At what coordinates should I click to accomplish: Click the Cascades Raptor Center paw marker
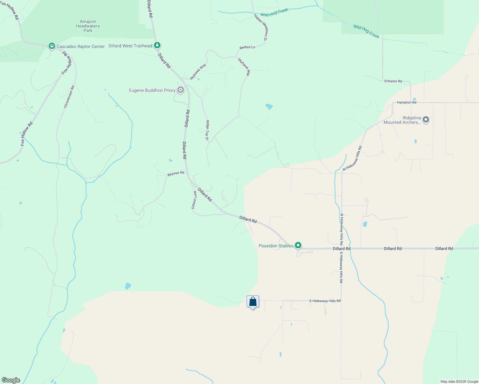tap(52, 46)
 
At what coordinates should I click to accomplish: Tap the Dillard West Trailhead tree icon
tap(157, 45)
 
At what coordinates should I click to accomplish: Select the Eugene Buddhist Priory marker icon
tap(181, 90)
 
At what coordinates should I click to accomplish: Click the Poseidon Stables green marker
tap(298, 245)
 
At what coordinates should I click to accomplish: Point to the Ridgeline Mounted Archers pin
tap(426, 120)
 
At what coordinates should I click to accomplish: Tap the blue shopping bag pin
tap(253, 302)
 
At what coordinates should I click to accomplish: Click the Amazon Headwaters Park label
tap(88, 26)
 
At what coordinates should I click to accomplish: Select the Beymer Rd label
tap(176, 173)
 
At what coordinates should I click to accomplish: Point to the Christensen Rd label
tap(69, 97)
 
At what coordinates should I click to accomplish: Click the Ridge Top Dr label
tap(207, 130)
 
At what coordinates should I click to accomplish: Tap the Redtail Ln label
tap(247, 47)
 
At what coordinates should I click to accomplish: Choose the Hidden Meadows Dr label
tap(260, 27)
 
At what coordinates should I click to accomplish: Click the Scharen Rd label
tap(393, 81)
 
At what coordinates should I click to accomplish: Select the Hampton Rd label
tap(406, 102)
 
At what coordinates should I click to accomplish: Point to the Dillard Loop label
tap(194, 200)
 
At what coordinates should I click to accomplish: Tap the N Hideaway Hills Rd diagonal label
tap(352, 158)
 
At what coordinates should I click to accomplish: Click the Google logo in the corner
tap(11, 380)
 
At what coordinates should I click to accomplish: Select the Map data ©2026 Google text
tap(459, 381)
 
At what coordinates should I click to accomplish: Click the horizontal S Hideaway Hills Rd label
tap(325, 301)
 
